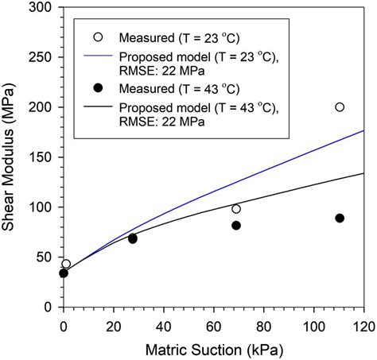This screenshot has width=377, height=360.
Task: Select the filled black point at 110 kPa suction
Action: click(340, 218)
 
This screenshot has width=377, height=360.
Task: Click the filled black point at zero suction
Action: click(64, 273)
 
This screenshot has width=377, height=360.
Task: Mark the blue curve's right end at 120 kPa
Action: click(364, 130)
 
